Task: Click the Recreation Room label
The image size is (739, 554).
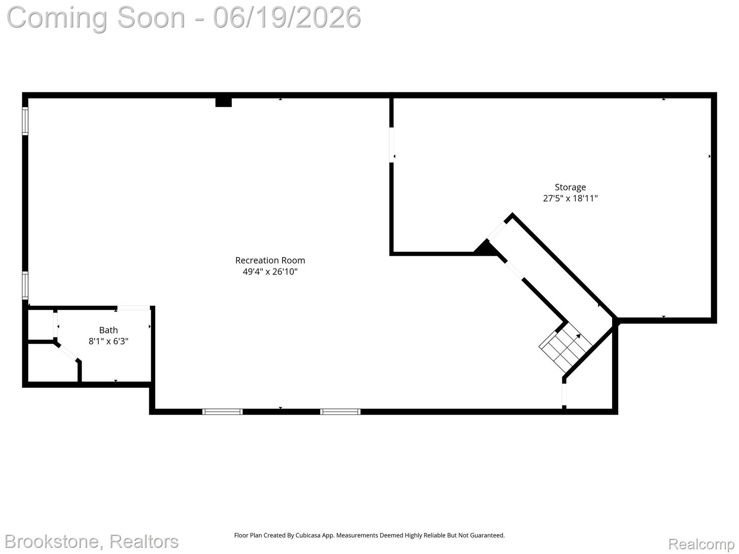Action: [270, 260]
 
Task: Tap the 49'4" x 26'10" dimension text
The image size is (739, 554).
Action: [270, 271]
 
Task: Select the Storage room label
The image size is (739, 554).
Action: [570, 187]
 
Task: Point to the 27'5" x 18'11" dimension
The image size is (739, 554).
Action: [570, 198]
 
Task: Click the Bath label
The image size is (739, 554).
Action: [109, 330]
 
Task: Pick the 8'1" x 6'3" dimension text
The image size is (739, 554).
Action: [109, 341]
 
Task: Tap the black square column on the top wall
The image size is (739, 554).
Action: [224, 102]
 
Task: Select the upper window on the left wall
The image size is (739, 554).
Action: [25, 121]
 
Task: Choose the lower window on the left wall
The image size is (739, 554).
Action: [25, 285]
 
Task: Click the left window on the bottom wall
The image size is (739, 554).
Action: [222, 412]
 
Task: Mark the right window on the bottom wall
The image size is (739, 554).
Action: [340, 412]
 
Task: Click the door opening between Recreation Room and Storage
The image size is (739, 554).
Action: [392, 145]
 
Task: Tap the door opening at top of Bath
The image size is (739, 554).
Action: [133, 308]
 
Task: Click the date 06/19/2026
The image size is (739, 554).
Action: [287, 18]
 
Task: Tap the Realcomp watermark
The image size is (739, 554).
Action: [701, 544]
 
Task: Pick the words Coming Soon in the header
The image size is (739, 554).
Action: [96, 18]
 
